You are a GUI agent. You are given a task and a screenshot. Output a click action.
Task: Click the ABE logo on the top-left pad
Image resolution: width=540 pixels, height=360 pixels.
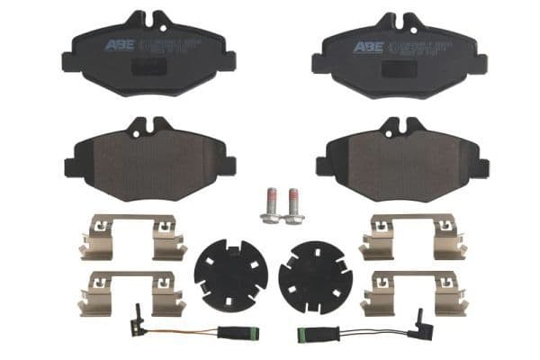[x=118, y=45]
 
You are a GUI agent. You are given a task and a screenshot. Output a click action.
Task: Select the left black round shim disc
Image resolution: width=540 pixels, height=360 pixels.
[x=230, y=274]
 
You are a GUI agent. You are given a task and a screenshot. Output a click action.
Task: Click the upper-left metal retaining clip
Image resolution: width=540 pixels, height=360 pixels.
[x=131, y=236]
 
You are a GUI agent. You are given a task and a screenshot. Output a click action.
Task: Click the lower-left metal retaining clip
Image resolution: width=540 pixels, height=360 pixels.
[x=131, y=293]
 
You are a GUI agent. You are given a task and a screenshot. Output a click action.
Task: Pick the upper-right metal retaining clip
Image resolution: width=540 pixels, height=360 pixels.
[x=412, y=236]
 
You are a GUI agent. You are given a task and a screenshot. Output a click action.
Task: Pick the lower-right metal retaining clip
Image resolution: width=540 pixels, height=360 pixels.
[x=412, y=293]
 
